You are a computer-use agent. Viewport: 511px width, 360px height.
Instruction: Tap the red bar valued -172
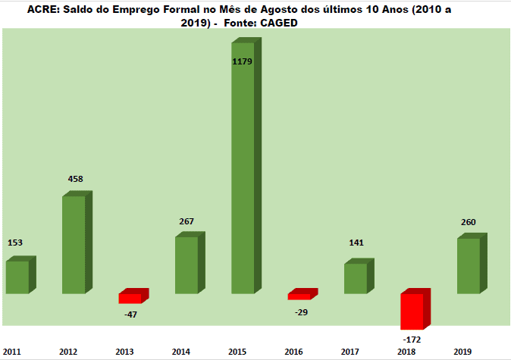[x=412, y=311]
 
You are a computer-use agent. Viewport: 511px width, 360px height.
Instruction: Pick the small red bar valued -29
[x=299, y=296]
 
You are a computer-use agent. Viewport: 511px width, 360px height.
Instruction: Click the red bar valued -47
[x=130, y=298]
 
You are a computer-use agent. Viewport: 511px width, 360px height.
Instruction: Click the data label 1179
[x=243, y=61]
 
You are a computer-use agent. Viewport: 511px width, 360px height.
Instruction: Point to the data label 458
[x=75, y=180]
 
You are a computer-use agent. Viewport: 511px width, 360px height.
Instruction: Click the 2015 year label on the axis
[x=237, y=352]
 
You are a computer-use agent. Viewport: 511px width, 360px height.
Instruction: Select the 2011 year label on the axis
[x=11, y=352]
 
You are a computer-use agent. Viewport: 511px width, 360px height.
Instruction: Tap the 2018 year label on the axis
[x=406, y=352]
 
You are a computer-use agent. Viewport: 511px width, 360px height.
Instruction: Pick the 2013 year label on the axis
[x=124, y=352]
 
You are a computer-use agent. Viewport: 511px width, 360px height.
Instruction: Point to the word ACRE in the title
[x=43, y=11]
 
